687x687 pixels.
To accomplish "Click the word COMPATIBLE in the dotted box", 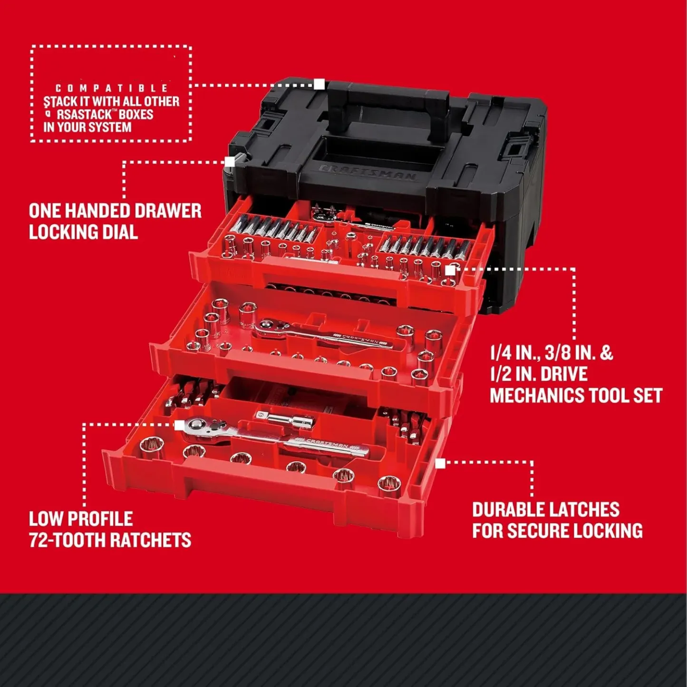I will pyautogui.click(x=112, y=88).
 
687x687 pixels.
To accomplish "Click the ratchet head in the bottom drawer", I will pyautogui.click(x=200, y=426).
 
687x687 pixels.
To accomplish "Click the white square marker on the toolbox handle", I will pyautogui.click(x=319, y=85).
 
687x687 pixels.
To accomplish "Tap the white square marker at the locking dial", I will pyautogui.click(x=230, y=162).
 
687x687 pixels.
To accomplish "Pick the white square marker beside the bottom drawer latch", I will pyautogui.click(x=440, y=463).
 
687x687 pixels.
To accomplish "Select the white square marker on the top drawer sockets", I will pyautogui.click(x=449, y=270).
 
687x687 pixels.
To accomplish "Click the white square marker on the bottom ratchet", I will pyautogui.click(x=179, y=425).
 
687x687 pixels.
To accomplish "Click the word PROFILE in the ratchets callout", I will pyautogui.click(x=102, y=519).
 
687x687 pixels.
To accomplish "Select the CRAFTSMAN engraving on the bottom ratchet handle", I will pyautogui.click(x=328, y=445).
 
